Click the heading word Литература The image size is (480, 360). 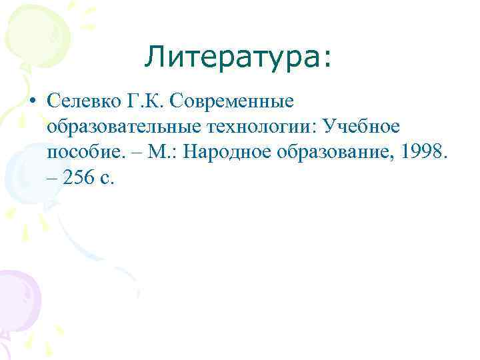(232, 57)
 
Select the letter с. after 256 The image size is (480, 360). (109, 179)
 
